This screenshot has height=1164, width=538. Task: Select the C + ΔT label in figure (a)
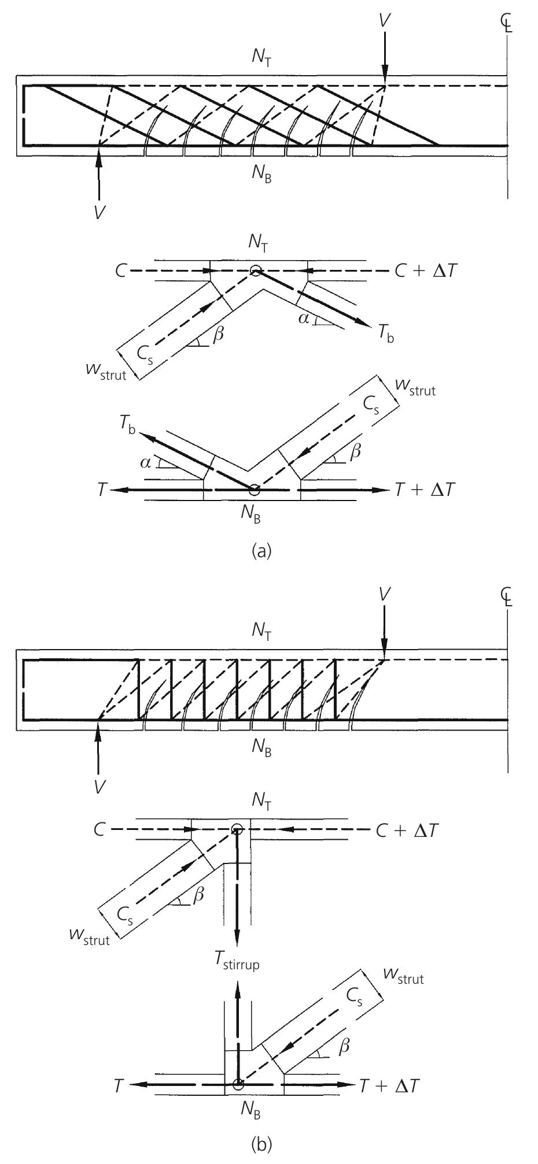click(420, 270)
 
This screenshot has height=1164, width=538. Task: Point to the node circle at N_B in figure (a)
click(254, 490)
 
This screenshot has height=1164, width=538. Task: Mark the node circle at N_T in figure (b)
click(236, 830)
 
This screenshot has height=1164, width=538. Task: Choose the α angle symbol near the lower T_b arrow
click(145, 463)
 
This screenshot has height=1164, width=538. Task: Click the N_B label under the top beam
click(261, 176)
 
